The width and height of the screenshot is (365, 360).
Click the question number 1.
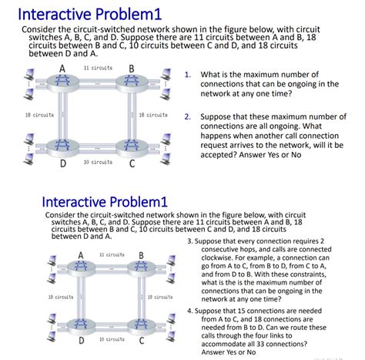pyautogui.click(x=188, y=76)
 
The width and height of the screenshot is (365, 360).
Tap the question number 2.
pyautogui.click(x=188, y=117)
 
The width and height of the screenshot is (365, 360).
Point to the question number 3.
pyautogui.click(x=189, y=241)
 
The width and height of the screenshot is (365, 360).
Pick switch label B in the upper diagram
pyautogui.click(x=132, y=68)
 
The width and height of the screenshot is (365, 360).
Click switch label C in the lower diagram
pyautogui.click(x=141, y=340)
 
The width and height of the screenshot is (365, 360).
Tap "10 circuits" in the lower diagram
pyautogui.click(x=112, y=339)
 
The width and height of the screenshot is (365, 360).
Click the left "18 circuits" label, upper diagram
pyautogui.click(x=39, y=115)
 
